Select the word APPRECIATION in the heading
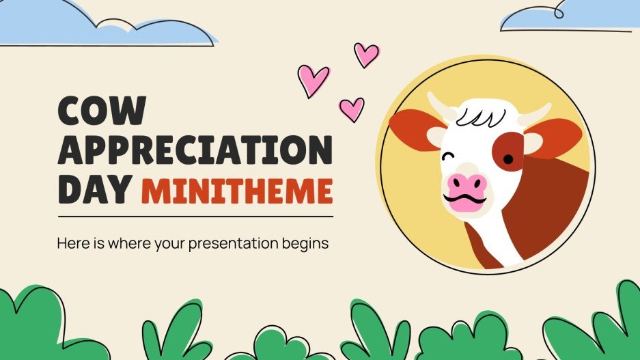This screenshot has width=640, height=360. pyautogui.click(x=195, y=149)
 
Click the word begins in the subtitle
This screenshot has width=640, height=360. pyautogui.click(x=307, y=243)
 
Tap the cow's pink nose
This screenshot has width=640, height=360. pyautogui.click(x=467, y=183)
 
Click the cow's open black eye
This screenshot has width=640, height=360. pyautogui.click(x=508, y=158)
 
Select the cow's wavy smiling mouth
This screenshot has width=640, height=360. pyautogui.click(x=466, y=202)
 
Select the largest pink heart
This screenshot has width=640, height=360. pyautogui.click(x=314, y=81)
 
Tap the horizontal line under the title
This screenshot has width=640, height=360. pyautogui.click(x=195, y=217)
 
